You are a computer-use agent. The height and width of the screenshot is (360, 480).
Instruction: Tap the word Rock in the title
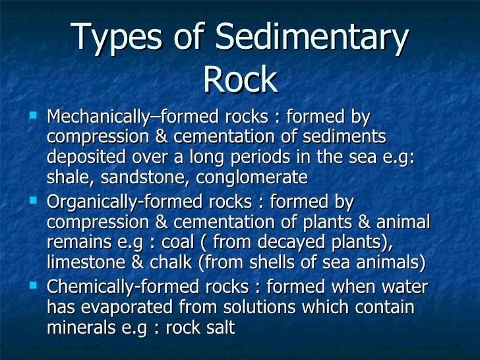(x=239, y=80)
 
